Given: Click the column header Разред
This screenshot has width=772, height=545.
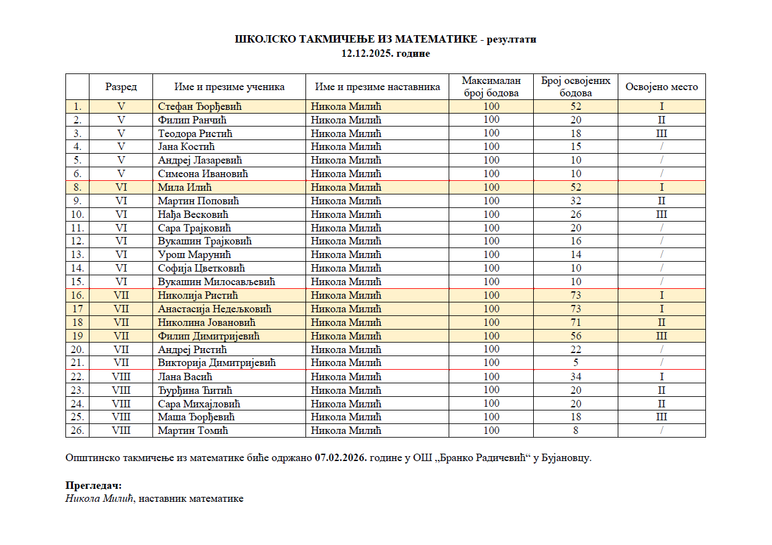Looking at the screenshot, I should coord(121,87).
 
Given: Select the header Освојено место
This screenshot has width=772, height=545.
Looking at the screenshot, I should coord(662,87).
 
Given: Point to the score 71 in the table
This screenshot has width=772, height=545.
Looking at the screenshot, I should coord(576,323).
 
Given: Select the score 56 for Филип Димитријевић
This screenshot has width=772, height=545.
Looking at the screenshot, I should coord(576,336).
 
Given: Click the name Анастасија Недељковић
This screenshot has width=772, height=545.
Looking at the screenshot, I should coord(215,309).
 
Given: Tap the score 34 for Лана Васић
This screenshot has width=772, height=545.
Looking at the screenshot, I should coord(576,377).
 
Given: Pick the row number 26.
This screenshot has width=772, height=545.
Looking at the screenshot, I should coord(78,431).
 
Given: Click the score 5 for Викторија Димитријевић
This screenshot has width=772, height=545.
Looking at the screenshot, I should coord(576,363).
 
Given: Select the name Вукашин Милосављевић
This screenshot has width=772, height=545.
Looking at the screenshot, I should coord(217,282).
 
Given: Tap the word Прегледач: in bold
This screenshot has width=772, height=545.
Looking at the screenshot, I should coord(94,486).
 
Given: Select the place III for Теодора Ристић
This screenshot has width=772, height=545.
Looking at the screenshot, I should coord(662,133).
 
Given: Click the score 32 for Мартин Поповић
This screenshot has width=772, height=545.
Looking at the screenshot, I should coord(576,201).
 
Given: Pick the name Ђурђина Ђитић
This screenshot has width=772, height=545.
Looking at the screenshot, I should coord(195,391).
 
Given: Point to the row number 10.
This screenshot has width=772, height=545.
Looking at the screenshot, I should coord(78,215).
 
